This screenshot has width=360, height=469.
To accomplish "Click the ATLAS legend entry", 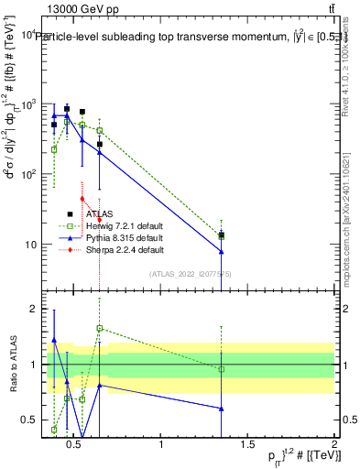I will [x=96, y=214].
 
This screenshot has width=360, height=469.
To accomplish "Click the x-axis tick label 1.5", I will [x=248, y=445].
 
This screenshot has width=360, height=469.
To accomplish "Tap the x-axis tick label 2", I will [x=334, y=445].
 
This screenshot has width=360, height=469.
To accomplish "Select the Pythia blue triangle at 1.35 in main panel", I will [x=222, y=252].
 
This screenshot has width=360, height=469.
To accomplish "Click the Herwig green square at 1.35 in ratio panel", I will [x=222, y=369].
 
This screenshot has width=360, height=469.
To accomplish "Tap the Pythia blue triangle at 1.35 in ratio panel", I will [x=222, y=409].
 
